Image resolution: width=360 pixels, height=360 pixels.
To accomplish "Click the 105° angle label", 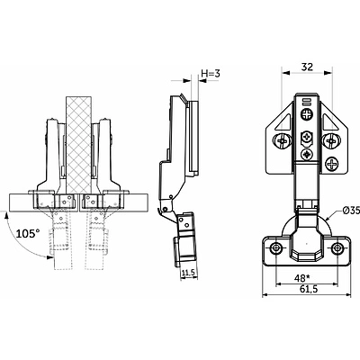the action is point(28,233).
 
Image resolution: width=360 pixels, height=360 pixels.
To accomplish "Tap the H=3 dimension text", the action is point(211,73).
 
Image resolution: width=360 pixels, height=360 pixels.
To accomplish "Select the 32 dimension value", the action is point(307,67).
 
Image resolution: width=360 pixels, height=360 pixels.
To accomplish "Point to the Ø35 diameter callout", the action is point(351,211).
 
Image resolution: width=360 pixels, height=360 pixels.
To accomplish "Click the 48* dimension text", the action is point(301,278).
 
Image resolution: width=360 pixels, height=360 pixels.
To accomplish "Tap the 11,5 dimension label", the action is point(188,273).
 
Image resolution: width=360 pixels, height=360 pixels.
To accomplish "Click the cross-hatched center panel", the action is point(78,145).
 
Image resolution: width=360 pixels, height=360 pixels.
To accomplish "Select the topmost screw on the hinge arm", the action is point(307,114).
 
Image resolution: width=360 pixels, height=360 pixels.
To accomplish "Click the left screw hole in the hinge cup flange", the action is point(275,247).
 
